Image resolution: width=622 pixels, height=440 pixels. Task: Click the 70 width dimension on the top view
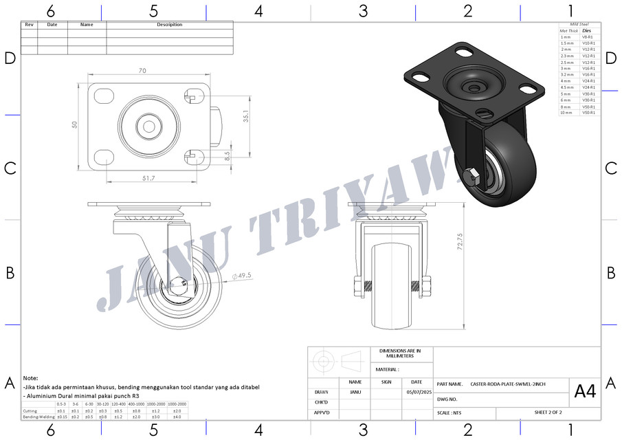pyautogui.click(x=142, y=70)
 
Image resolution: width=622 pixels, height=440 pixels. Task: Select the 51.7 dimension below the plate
pyautogui.click(x=148, y=178)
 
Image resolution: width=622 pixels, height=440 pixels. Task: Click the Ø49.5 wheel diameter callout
pyautogui.click(x=242, y=276)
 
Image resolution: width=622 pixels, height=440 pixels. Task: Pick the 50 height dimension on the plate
pyautogui.click(x=75, y=124)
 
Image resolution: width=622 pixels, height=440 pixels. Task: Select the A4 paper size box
pyautogui.click(x=585, y=392)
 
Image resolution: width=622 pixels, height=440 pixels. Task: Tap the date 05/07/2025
pyautogui.click(x=416, y=392)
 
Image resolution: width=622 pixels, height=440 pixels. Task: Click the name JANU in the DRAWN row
pyautogui.click(x=355, y=392)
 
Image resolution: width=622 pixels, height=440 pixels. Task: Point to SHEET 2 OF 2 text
pyautogui.click(x=548, y=412)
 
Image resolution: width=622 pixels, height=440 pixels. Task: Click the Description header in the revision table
pyautogui.click(x=170, y=25)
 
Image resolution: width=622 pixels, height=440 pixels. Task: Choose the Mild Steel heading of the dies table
pyautogui.click(x=579, y=24)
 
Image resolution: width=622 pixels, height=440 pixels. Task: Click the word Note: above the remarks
pyautogui.click(x=30, y=378)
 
